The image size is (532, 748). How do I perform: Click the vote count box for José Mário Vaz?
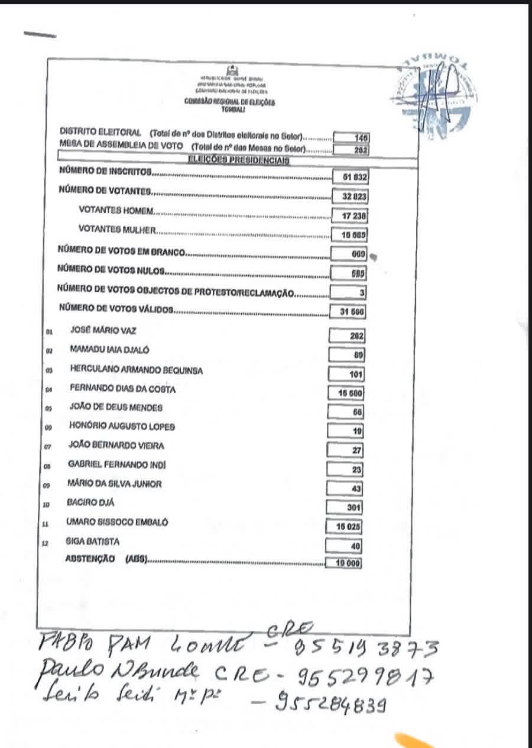click(x=349, y=336)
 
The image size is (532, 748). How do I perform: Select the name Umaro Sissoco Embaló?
click(x=118, y=523)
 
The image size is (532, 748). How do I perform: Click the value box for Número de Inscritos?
click(x=351, y=176)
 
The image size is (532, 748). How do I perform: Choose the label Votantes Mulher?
click(x=118, y=230)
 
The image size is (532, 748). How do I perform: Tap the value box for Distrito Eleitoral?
click(x=352, y=137)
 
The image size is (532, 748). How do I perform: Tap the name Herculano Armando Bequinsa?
click(x=136, y=370)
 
